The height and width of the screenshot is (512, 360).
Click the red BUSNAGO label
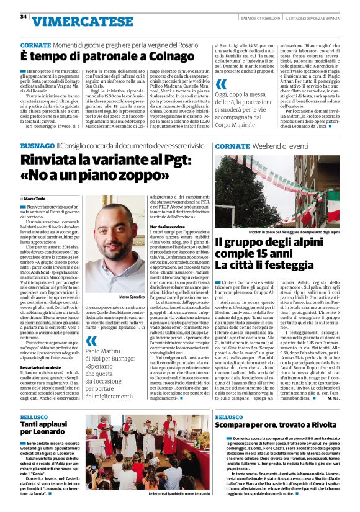point(37,146)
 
